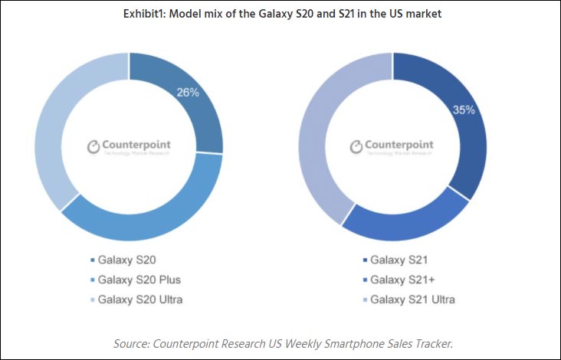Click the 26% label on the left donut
click(x=188, y=93)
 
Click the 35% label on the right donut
click(x=464, y=110)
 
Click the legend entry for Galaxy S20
click(x=131, y=260)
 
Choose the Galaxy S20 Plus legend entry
click(x=143, y=280)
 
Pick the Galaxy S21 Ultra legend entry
click(x=411, y=299)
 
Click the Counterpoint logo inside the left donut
click(x=129, y=146)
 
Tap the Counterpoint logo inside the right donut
click(x=392, y=146)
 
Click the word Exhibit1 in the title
click(x=145, y=14)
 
